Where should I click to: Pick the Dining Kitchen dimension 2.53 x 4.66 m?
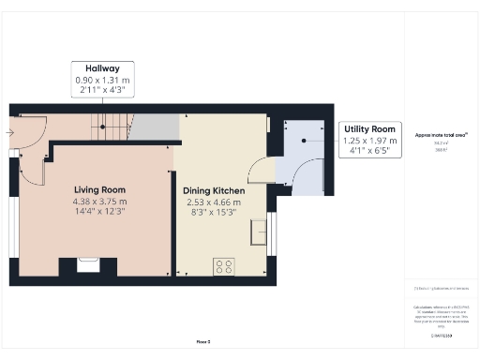pyautogui.click(x=215, y=202)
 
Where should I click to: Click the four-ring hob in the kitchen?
pyautogui.click(x=225, y=266)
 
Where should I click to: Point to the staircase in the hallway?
pyautogui.click(x=111, y=127)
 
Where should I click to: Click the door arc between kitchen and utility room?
pyautogui.click(x=263, y=171)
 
